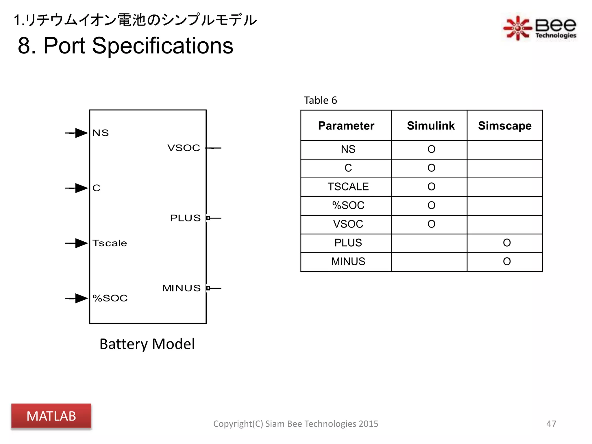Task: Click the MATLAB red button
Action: [x=51, y=416]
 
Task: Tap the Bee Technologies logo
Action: [x=539, y=28]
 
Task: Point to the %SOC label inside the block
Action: [x=110, y=298]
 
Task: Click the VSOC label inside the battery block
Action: [x=184, y=148]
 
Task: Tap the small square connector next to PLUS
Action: [x=208, y=218]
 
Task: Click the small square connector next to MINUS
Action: [x=208, y=288]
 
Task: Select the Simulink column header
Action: [x=430, y=126]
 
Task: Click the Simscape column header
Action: [x=504, y=126]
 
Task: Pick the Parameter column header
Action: [x=346, y=126]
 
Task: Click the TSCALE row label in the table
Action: [x=348, y=187]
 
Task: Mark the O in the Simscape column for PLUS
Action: [x=507, y=243]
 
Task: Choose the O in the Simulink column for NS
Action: [x=431, y=149]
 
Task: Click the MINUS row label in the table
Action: [x=348, y=262]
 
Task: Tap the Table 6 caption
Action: [x=320, y=100]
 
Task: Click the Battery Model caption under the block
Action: [x=147, y=344]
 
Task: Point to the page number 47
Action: [x=551, y=423]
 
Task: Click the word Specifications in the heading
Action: [x=162, y=46]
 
